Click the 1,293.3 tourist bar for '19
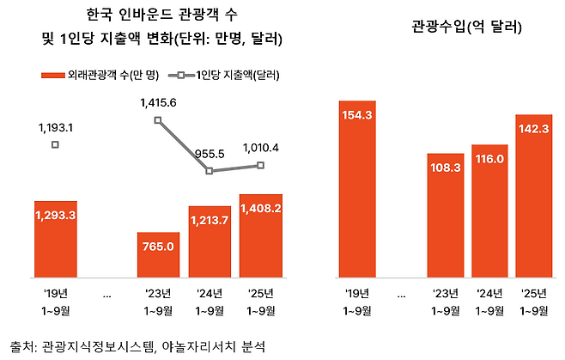tap(55, 240)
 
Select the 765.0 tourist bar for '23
tap(158, 255)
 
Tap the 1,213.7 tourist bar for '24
tap(210, 242)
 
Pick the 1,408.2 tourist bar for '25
tap(261, 236)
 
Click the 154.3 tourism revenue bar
tap(356, 190)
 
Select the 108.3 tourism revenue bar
tap(446, 215)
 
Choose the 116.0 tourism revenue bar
tap(490, 211)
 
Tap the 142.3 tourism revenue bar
tap(535, 197)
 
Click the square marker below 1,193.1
tap(55, 144)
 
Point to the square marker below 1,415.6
tap(158, 120)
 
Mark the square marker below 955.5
tap(210, 171)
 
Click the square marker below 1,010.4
tap(261, 165)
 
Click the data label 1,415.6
tap(158, 103)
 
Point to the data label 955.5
tap(210, 154)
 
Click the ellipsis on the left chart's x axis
tap(106, 294)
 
